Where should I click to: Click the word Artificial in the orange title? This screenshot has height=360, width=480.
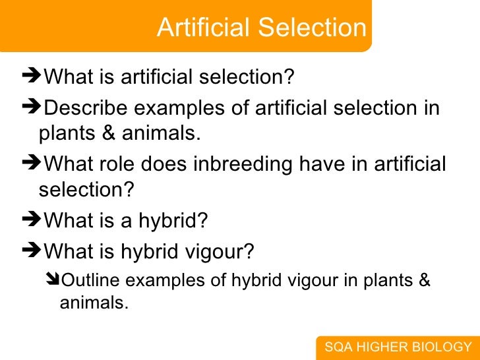204,28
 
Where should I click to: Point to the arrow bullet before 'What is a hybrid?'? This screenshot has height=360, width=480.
31,221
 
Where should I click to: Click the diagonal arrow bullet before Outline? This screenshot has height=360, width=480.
53,280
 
